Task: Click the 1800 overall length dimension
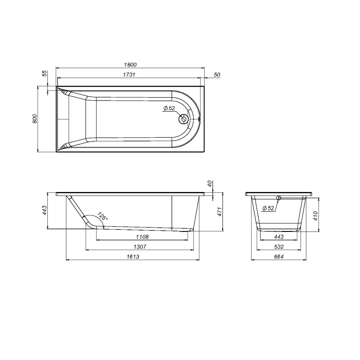(x=130, y=64)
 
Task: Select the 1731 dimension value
(x=129, y=74)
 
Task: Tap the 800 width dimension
(x=35, y=118)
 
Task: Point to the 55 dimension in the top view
(x=45, y=73)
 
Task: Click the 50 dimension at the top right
(x=217, y=74)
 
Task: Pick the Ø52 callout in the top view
(x=169, y=108)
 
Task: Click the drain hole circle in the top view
(x=183, y=119)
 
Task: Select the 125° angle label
(x=102, y=216)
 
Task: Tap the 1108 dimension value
(x=142, y=237)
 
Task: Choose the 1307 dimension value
(x=140, y=247)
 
